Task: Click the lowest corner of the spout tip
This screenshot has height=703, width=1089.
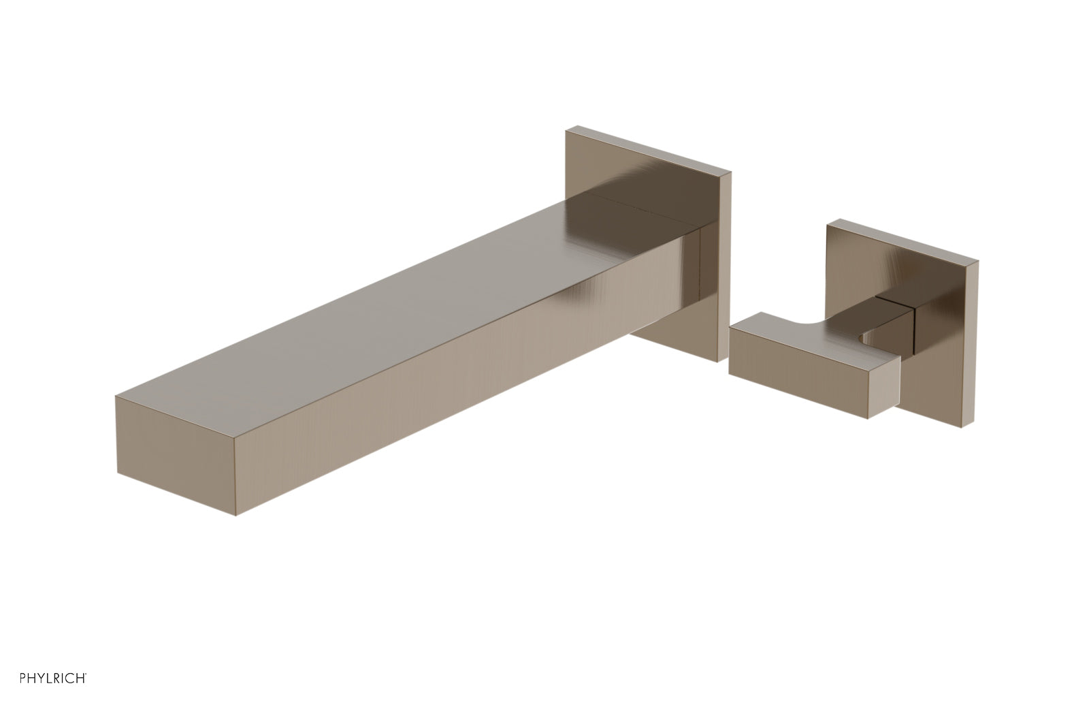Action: pyautogui.click(x=235, y=515)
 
